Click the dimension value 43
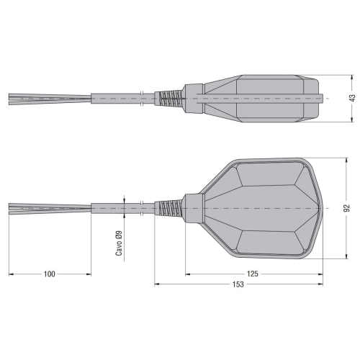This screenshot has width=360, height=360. (x=352, y=98)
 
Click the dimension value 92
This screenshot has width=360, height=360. (x=346, y=208)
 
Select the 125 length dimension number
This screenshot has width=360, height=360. (x=253, y=274)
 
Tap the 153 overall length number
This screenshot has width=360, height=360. (x=238, y=284)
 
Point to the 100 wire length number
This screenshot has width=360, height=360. (x=50, y=274)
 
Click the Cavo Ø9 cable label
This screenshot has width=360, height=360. (x=119, y=243)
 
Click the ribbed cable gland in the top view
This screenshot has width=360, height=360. (x=169, y=99)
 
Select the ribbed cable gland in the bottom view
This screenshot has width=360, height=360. (x=169, y=208)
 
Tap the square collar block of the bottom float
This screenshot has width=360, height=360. (x=194, y=208)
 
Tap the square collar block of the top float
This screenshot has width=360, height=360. (x=194, y=99)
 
